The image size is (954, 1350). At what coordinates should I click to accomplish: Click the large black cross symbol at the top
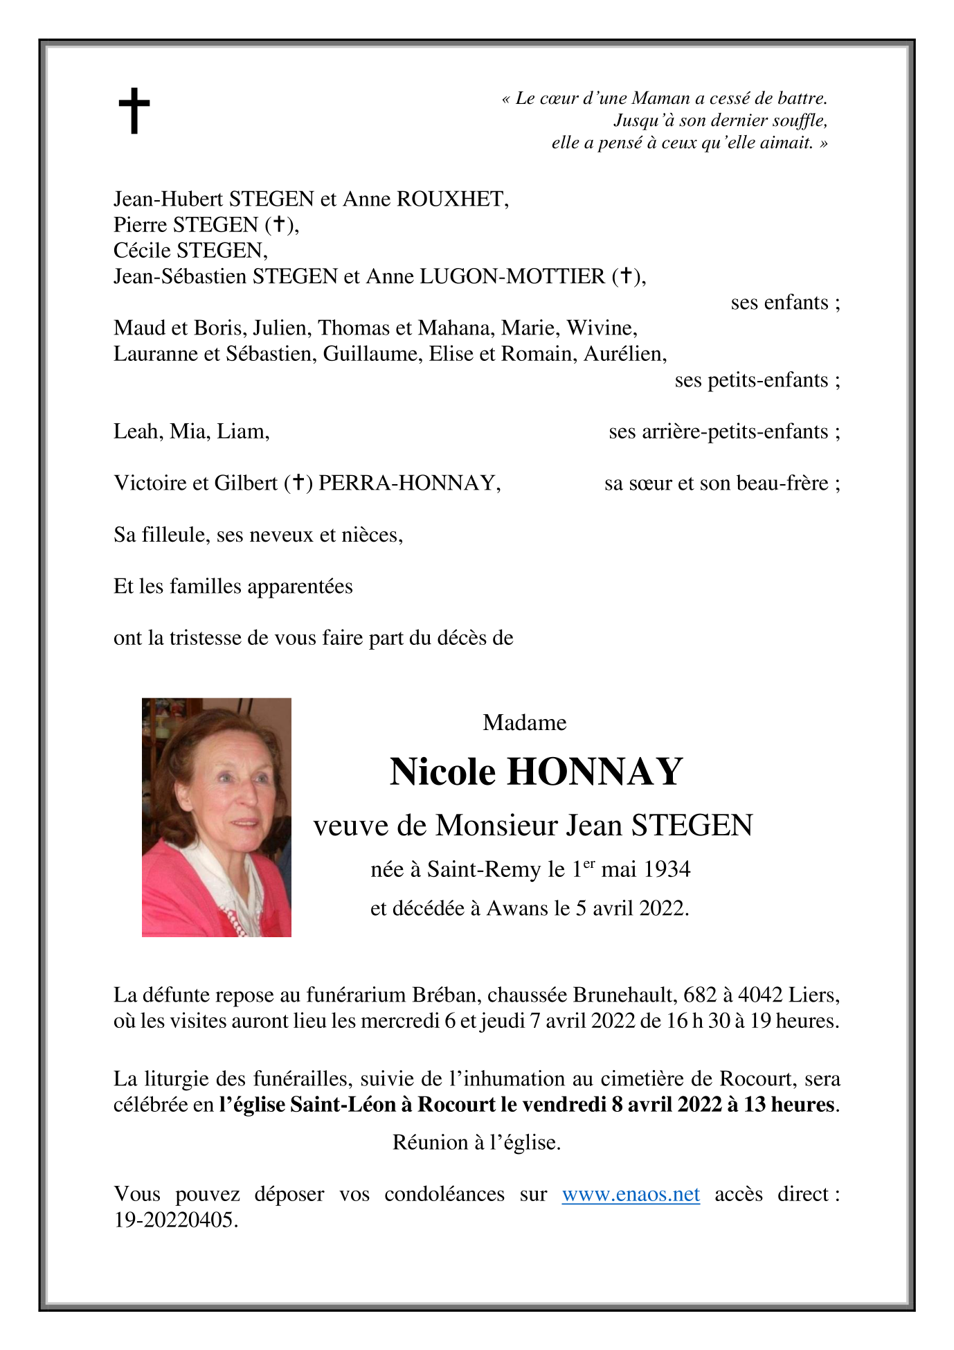(x=134, y=111)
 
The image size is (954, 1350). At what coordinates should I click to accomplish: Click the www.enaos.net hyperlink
(x=630, y=1194)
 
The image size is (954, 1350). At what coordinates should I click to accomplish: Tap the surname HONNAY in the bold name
(x=595, y=772)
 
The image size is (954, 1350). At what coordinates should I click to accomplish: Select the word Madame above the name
(x=524, y=722)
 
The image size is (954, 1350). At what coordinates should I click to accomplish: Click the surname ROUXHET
(x=452, y=199)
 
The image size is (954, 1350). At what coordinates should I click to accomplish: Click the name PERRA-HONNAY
(x=408, y=483)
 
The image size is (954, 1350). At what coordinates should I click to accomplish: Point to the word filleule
(x=175, y=535)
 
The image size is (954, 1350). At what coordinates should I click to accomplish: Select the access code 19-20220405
(x=175, y=1220)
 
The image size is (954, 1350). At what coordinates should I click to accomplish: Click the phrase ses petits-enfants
(x=757, y=380)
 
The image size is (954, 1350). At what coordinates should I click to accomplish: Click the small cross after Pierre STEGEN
(x=279, y=224)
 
